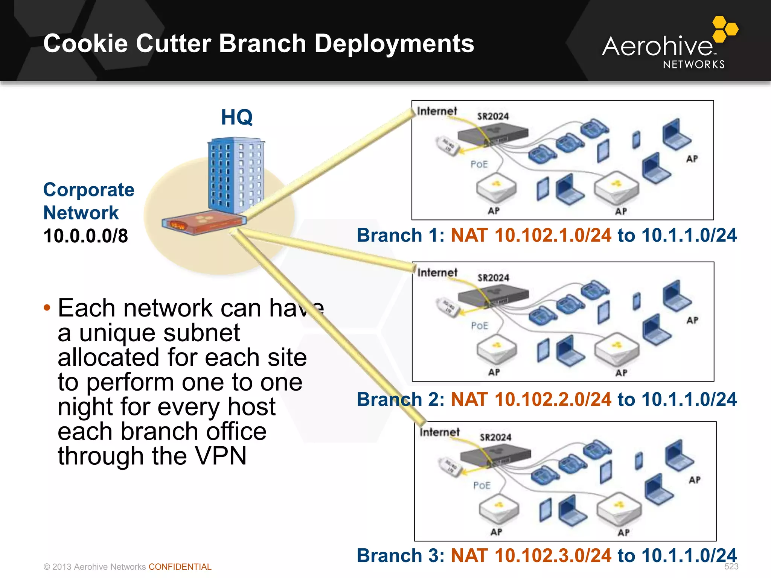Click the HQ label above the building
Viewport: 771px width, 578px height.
(x=236, y=117)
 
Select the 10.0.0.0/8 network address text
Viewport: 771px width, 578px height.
(x=85, y=236)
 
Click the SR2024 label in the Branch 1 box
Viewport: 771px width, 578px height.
(x=493, y=116)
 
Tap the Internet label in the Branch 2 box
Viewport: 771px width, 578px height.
(x=437, y=272)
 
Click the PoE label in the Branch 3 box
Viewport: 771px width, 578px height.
(x=482, y=485)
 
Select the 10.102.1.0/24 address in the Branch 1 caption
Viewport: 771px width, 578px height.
(x=553, y=235)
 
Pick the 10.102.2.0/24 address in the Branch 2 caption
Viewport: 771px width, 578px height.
(x=553, y=399)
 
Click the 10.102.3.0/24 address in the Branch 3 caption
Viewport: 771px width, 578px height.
(x=553, y=555)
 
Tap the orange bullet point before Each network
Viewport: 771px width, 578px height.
(x=47, y=308)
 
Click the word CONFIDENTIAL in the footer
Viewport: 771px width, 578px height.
(x=180, y=567)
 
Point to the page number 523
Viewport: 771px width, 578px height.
(x=731, y=566)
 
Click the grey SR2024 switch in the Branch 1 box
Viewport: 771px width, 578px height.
(x=493, y=134)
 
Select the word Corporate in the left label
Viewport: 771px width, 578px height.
(x=89, y=190)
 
